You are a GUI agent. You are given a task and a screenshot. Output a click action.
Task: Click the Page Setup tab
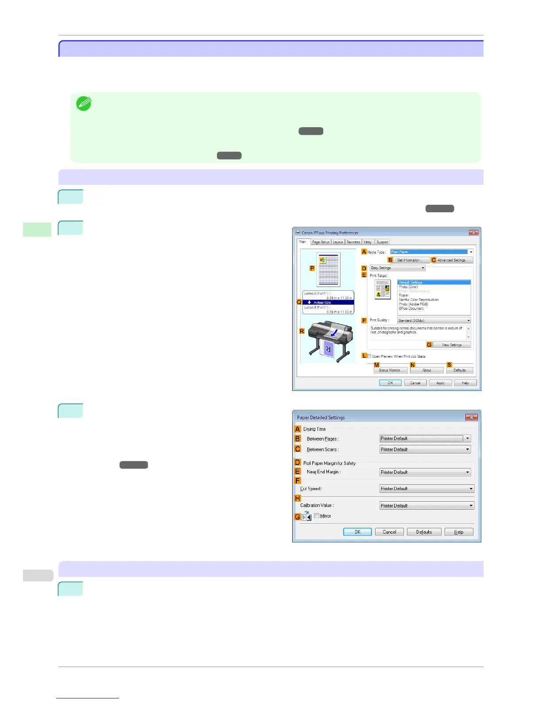pyautogui.click(x=321, y=242)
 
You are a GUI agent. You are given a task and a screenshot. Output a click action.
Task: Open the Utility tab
pyautogui.click(x=368, y=242)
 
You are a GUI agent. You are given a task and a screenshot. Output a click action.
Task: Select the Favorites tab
pyautogui.click(x=353, y=242)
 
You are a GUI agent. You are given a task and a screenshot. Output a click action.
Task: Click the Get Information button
pyautogui.click(x=409, y=260)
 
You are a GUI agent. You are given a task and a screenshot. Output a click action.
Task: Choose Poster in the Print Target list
pyautogui.click(x=403, y=295)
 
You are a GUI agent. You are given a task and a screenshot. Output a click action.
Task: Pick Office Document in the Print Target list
pyautogui.click(x=411, y=308)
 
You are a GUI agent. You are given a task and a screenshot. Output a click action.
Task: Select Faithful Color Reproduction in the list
pyautogui.click(x=418, y=300)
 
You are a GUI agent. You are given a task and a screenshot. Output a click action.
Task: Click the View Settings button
pyautogui.click(x=451, y=345)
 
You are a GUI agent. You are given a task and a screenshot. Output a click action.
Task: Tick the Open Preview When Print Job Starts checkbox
pyautogui.click(x=369, y=356)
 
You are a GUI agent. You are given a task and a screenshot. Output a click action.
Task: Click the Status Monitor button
pyautogui.click(x=390, y=370)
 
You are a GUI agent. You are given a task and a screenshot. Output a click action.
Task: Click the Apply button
pyautogui.click(x=440, y=383)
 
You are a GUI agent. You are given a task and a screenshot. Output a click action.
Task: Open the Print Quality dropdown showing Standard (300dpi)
pyautogui.click(x=434, y=320)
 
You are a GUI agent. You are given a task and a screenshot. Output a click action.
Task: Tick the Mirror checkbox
pyautogui.click(x=317, y=516)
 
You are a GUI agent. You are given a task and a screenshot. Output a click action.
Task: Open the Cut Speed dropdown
pyautogui.click(x=427, y=489)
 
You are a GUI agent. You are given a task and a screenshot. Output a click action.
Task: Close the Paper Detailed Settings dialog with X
pyautogui.click(x=471, y=417)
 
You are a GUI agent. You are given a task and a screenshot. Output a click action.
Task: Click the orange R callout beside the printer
pyautogui.click(x=302, y=331)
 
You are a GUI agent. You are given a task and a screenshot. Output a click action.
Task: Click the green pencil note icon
pyautogui.click(x=83, y=104)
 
